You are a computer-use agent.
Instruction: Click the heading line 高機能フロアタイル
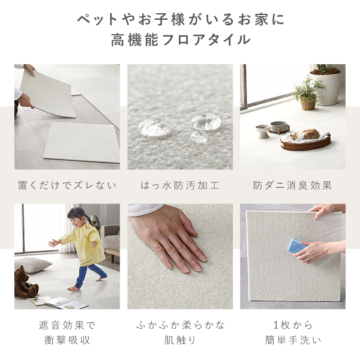[180, 41]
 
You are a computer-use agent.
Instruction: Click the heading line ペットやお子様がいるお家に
[180, 19]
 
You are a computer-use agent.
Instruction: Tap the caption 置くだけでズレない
[67, 185]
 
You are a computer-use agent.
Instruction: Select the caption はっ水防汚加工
[180, 185]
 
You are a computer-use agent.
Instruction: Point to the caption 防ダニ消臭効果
[293, 185]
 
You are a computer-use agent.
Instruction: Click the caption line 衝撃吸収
[67, 340]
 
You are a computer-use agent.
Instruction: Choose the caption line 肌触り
[180, 340]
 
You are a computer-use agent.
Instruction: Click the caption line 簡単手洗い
[293, 340]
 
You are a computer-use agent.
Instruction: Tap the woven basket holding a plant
[308, 103]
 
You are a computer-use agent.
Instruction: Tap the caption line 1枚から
[293, 325]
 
